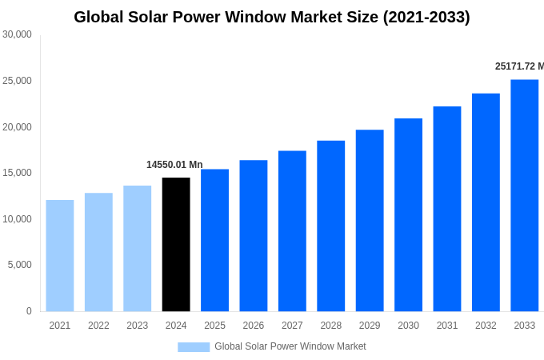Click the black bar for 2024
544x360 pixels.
point(176,244)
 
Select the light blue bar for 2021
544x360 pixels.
point(60,255)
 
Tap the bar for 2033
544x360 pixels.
point(524,195)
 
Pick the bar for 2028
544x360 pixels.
point(330,226)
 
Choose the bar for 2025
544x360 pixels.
point(214,240)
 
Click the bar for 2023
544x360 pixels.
point(137,248)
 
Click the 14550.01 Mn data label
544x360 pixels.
point(174,165)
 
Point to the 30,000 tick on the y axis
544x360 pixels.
point(17,34)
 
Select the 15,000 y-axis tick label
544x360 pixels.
point(17,173)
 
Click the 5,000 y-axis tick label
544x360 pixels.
point(19,265)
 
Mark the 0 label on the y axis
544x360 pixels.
point(29,311)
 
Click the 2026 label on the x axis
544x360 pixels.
point(253,326)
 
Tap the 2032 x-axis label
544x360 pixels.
point(486,326)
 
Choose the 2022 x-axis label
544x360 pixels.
point(98,326)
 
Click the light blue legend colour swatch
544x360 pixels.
point(194,347)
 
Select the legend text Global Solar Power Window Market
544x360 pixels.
point(290,346)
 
